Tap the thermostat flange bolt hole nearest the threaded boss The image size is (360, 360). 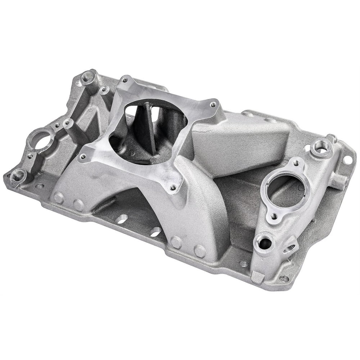296,163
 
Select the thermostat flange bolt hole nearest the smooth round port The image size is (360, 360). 274,216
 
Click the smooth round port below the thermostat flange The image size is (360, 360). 265,244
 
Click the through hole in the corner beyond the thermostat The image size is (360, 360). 347,159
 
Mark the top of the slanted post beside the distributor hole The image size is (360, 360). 67,123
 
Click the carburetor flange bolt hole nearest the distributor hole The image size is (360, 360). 83,157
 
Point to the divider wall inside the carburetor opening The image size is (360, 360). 150,126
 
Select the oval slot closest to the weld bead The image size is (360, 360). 122,219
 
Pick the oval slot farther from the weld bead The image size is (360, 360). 156,232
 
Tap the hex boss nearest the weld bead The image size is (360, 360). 79,204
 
